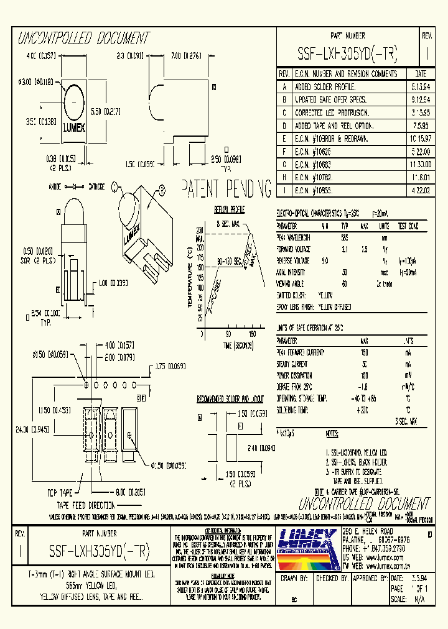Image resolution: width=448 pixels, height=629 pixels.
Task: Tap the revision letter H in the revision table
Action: click(284, 177)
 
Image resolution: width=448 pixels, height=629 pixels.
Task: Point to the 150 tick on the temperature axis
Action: click(199, 267)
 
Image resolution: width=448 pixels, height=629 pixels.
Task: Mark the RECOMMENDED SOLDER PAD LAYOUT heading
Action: click(230, 398)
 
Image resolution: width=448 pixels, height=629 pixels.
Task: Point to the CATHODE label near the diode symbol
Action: click(96, 186)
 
